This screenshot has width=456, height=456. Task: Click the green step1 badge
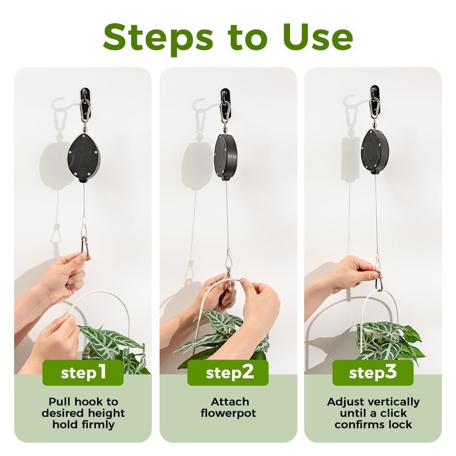[83, 373]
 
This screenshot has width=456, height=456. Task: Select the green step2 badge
[228, 373]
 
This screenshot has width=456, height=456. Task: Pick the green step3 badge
[373, 373]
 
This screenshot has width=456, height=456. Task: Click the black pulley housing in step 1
[84, 158]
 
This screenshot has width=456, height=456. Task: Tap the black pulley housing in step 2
[226, 157]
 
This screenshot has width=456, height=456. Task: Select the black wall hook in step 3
[374, 100]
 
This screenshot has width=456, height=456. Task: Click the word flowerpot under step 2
[228, 413]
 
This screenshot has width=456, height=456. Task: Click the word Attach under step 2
[230, 402]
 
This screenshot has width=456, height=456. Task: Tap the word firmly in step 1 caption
[98, 425]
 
